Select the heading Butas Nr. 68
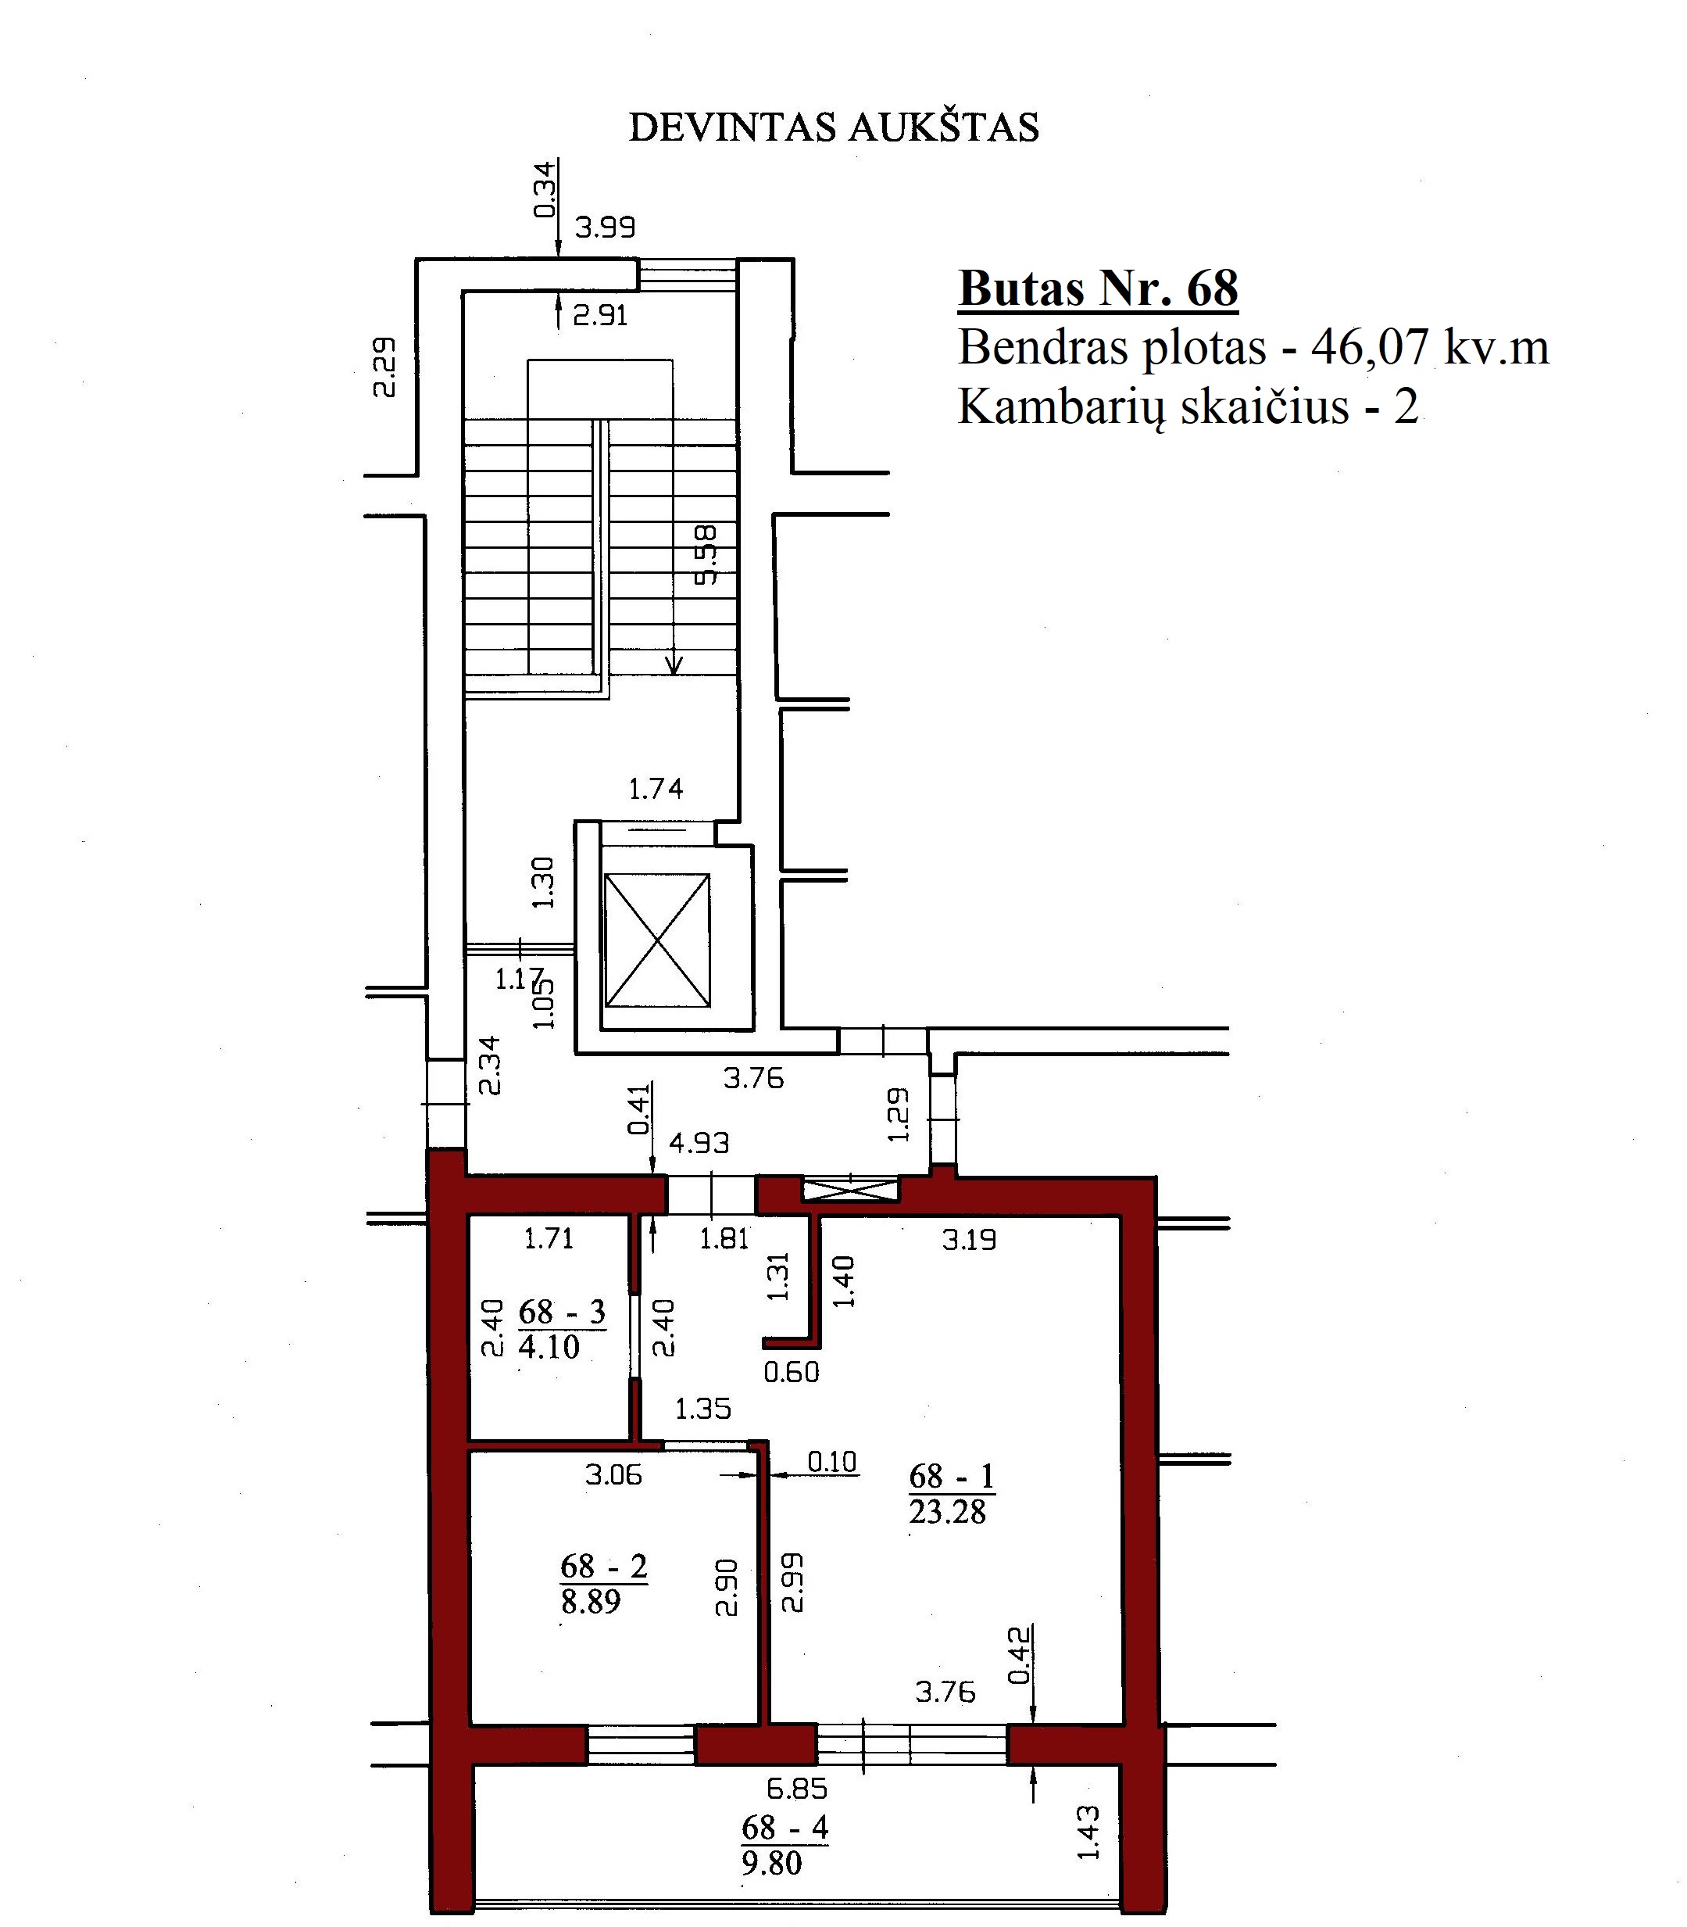pos(1098,288)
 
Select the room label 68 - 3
pos(562,1311)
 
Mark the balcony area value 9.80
pos(771,1863)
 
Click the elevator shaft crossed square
pos(656,940)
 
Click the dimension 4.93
pos(699,1142)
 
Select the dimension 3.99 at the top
pos(606,227)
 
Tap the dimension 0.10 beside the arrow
pos(832,1462)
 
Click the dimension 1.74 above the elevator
pos(656,787)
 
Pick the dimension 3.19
pos(969,1240)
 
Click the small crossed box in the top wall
pos(850,1191)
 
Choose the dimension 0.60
pos(791,1372)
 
